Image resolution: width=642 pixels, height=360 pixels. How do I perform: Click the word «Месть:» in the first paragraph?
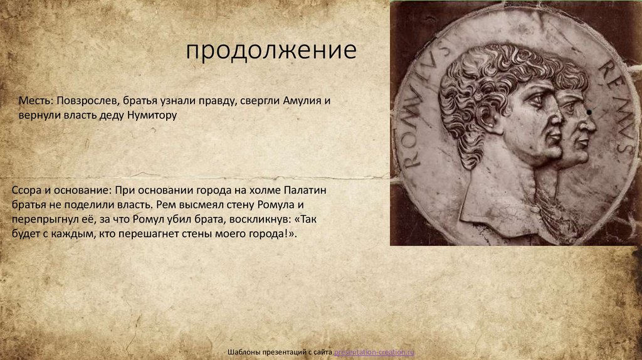34,101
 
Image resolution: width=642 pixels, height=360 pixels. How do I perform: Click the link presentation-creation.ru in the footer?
374,353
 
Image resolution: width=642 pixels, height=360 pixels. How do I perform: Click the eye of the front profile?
538,102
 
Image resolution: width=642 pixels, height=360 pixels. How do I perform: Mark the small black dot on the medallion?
589,113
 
